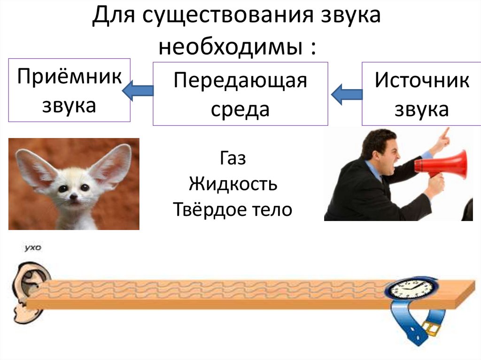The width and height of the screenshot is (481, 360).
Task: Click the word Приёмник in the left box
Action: coord(69,77)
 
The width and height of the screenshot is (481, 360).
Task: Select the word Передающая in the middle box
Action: coord(240,81)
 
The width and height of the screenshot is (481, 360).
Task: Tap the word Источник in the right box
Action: coord(421,81)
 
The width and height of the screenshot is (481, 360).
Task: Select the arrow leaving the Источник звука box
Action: coord(347,94)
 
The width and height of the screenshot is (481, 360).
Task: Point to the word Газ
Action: coord(233,158)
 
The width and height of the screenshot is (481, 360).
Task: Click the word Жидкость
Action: coord(233,184)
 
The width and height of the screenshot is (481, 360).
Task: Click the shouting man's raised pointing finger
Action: coord(445,132)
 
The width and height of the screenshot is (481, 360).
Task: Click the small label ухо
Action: coord(32,247)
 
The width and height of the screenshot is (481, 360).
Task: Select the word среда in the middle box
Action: coord(240,109)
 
